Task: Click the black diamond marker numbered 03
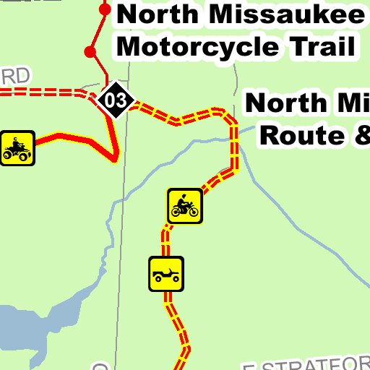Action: click(116, 100)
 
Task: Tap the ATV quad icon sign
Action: click(17, 148)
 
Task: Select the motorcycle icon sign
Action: click(184, 206)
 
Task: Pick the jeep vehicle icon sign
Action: click(166, 275)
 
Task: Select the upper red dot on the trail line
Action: click(105, 10)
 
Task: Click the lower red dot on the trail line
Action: click(90, 51)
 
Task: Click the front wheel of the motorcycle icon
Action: click(194, 211)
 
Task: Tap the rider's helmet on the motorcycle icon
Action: click(185, 197)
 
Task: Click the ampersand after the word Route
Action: click(360, 134)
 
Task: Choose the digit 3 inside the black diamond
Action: click(121, 100)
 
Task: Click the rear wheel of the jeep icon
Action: click(158, 279)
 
